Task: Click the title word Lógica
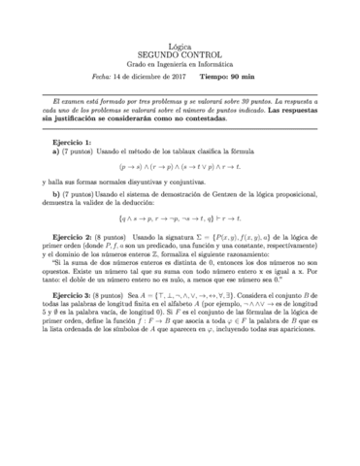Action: (x=180, y=47)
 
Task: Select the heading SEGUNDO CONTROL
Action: (x=180, y=56)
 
